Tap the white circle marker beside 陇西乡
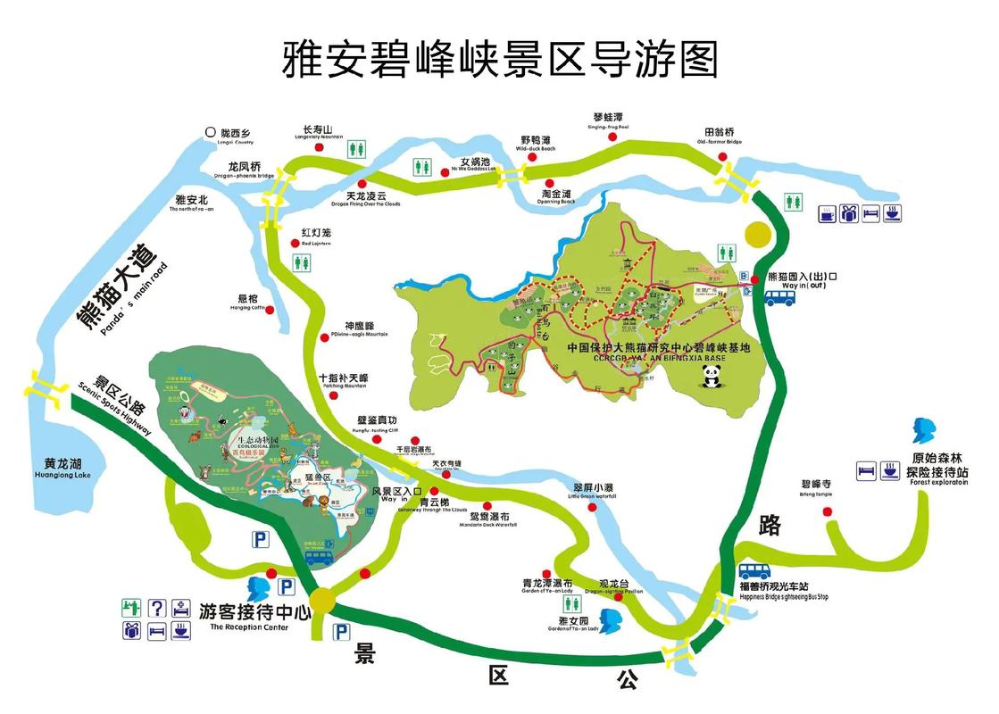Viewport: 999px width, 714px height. [211, 132]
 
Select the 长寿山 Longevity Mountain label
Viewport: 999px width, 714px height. [318, 132]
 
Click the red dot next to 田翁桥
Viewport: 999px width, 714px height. [722, 158]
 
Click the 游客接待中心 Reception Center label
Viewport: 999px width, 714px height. [254, 615]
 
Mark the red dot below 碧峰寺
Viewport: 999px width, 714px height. [827, 511]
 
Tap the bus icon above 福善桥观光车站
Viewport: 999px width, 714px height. [755, 571]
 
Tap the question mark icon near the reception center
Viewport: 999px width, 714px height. [156, 609]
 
